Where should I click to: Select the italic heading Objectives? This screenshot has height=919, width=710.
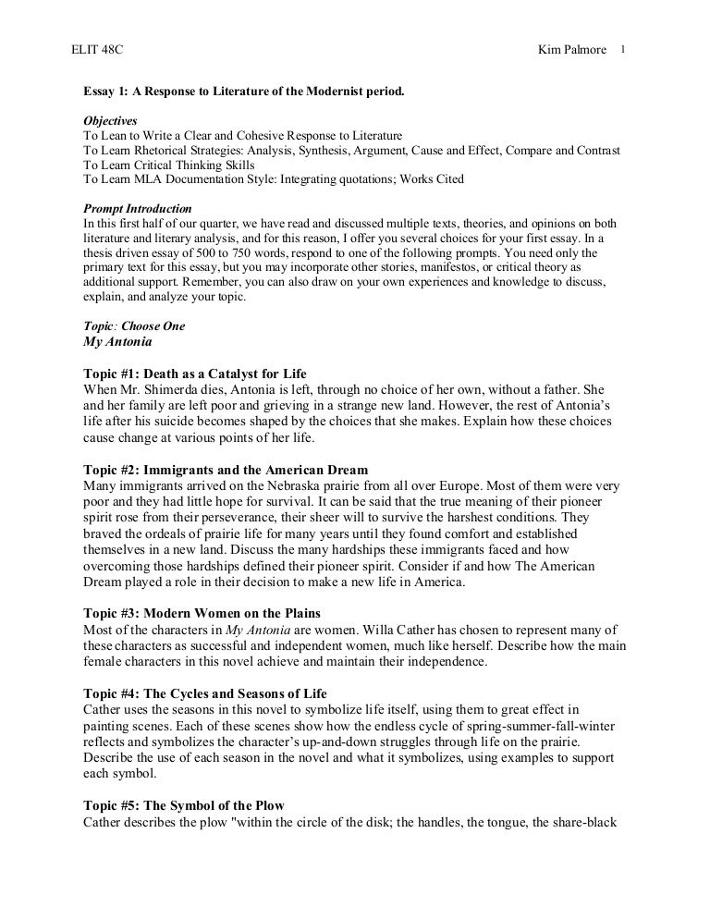pos(110,121)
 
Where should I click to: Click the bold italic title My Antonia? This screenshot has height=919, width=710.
pos(117,341)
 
